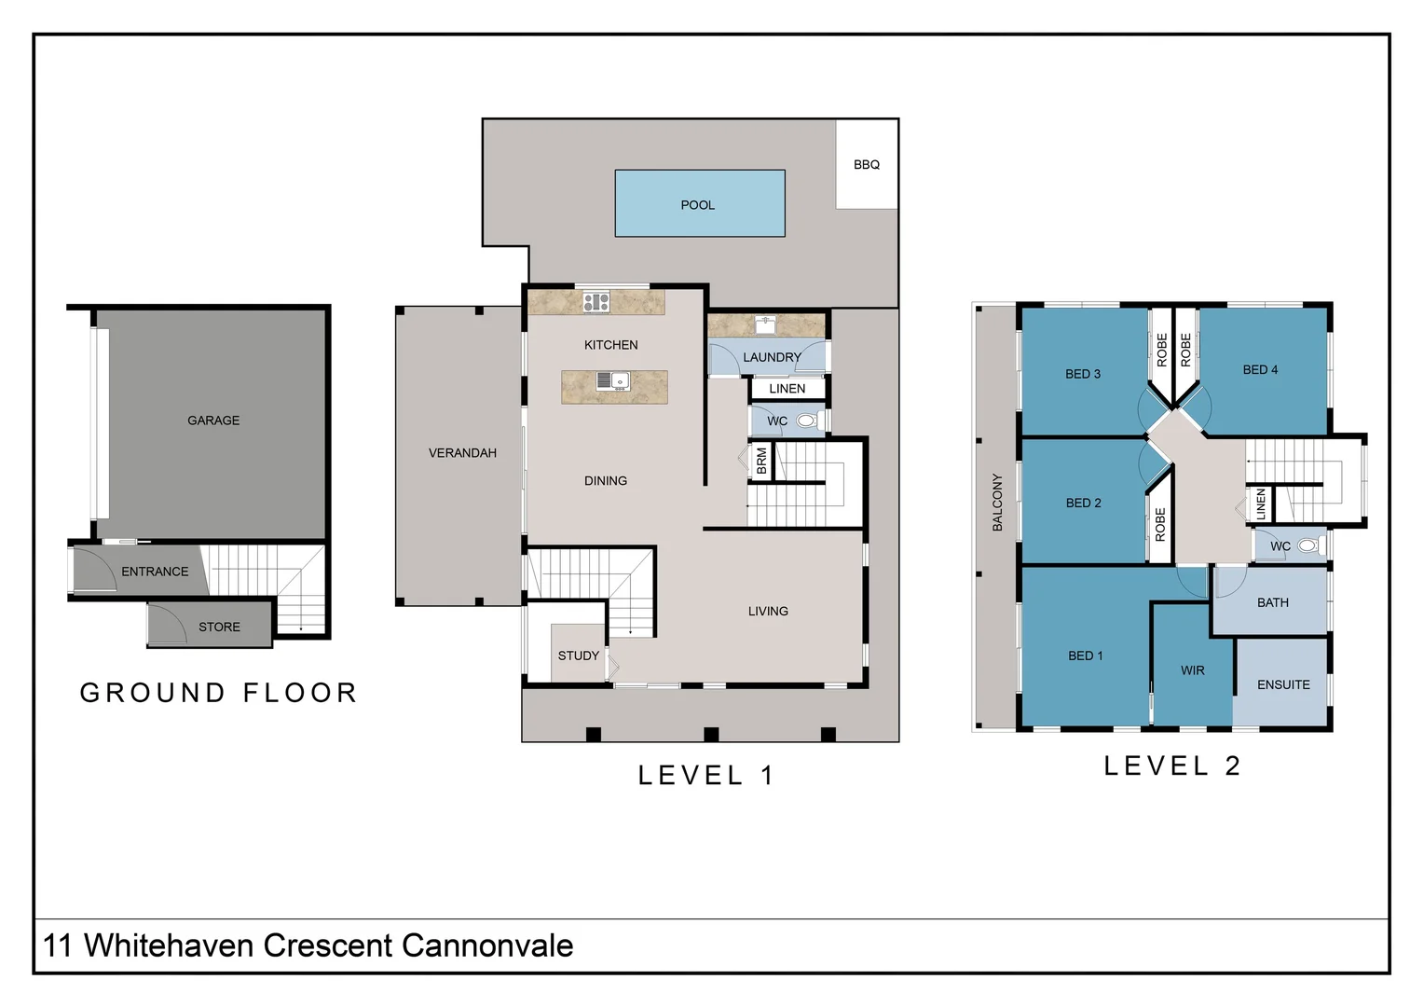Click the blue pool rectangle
point(700,203)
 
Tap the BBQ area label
point(867,165)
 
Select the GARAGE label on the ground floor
point(213,421)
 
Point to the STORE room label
point(219,627)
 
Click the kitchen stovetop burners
point(596,301)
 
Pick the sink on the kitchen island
point(613,381)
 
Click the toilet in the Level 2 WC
point(1310,545)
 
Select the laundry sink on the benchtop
point(765,325)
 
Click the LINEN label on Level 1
point(787,389)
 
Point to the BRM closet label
point(761,462)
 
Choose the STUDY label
point(579,655)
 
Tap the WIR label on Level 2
point(1193,670)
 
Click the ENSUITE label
point(1283,685)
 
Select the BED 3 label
point(1083,374)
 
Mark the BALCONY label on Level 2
point(997,503)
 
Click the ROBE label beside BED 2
point(1160,524)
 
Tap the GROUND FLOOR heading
point(219,693)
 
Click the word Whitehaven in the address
point(170,945)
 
